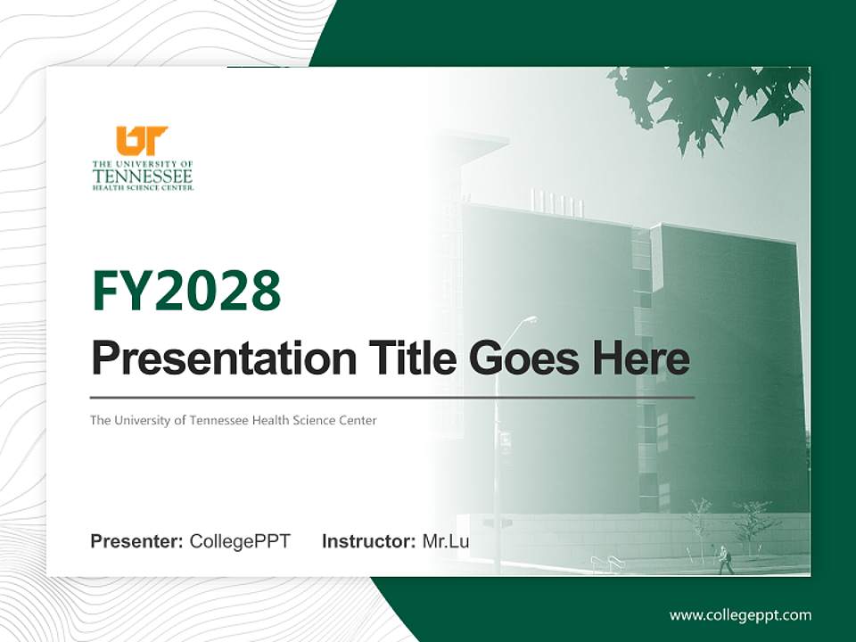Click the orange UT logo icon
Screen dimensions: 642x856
[x=142, y=141]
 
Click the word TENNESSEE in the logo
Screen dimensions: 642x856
[x=142, y=176]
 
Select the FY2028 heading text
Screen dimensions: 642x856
[x=186, y=291]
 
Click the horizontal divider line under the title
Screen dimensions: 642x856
[x=392, y=397]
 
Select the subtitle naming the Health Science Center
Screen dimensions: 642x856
[x=233, y=420]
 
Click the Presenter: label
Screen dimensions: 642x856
[x=137, y=541]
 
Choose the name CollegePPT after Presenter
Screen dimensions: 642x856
[x=240, y=541]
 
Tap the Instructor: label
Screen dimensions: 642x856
[x=368, y=541]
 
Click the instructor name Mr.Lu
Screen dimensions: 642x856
[x=445, y=541]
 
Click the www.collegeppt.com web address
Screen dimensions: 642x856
[x=740, y=614]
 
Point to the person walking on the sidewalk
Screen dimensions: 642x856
[x=725, y=559]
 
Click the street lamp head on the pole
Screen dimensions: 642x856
[x=530, y=319]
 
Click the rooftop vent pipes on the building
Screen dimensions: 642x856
[x=557, y=203]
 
